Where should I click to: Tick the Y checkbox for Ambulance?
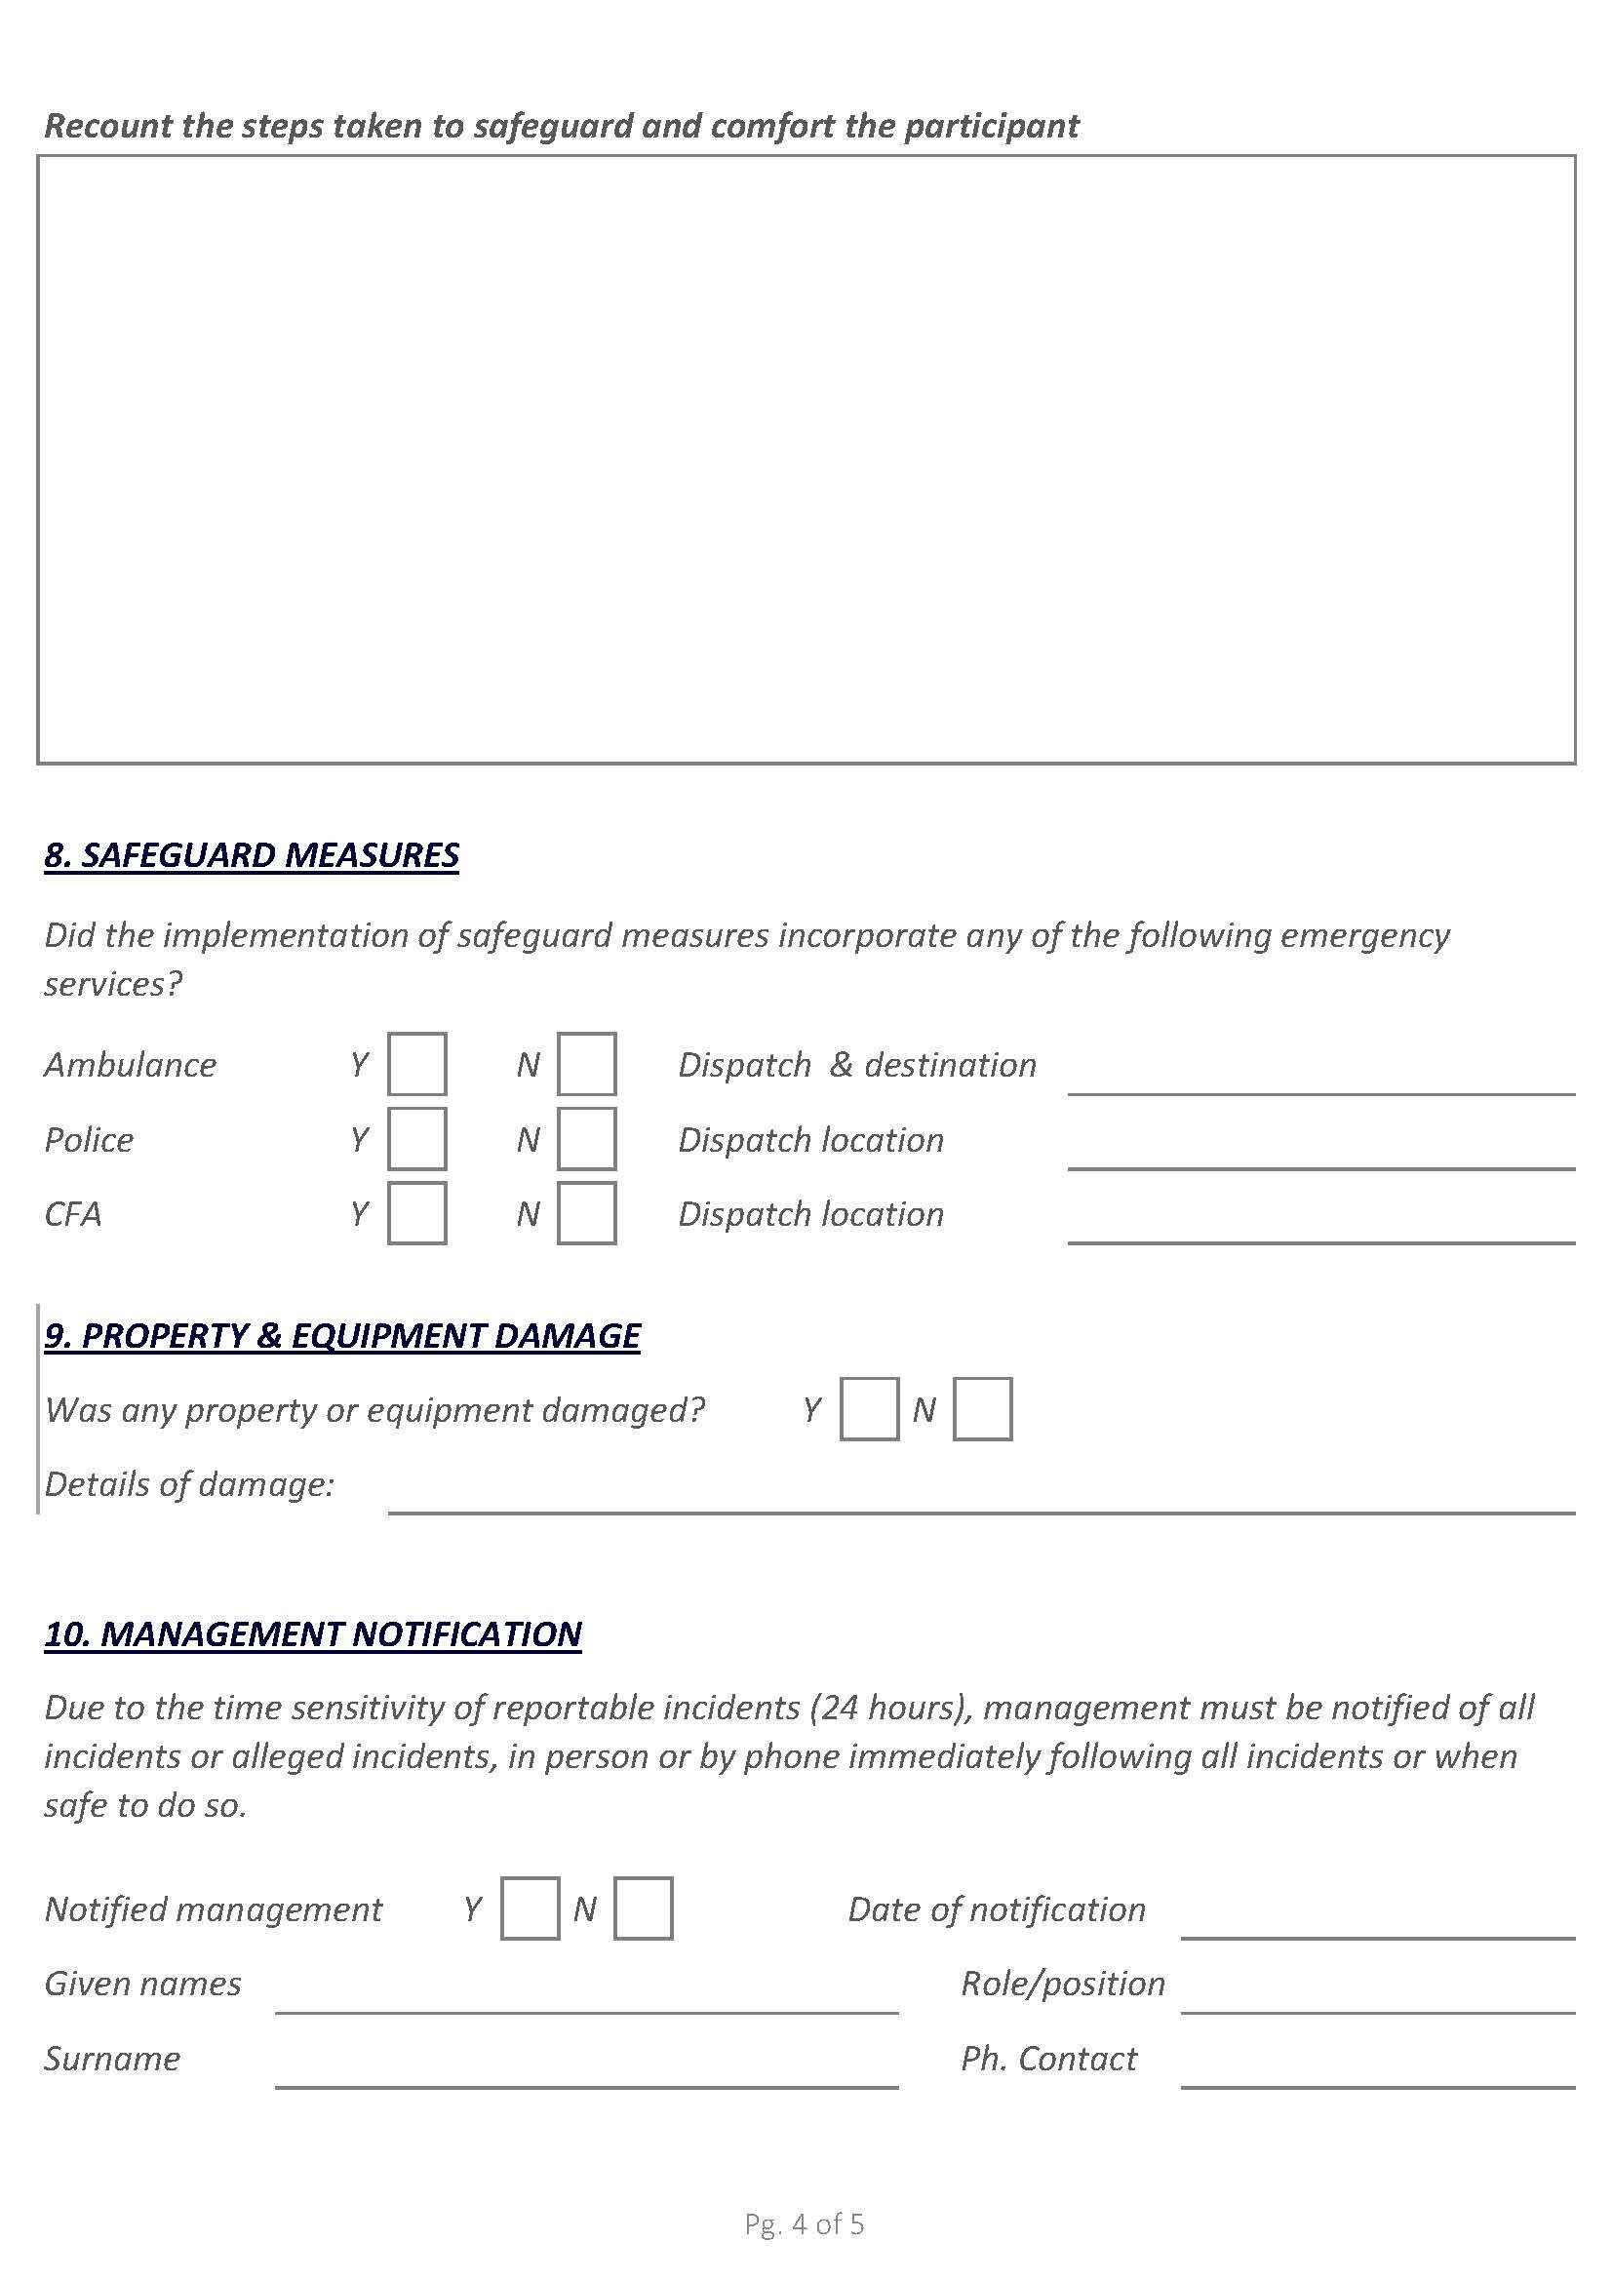pyautogui.click(x=416, y=1064)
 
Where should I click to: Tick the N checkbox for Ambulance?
pyautogui.click(x=586, y=1064)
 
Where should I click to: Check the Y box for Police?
pyautogui.click(x=416, y=1138)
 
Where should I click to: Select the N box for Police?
pyautogui.click(x=586, y=1138)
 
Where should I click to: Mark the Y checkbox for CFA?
pyautogui.click(x=416, y=1213)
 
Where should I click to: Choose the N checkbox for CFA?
pyautogui.click(x=586, y=1213)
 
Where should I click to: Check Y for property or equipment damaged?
pyautogui.click(x=869, y=1409)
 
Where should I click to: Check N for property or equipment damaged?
pyautogui.click(x=982, y=1409)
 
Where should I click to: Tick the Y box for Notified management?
pyautogui.click(x=530, y=1908)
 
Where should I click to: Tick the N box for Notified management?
pyautogui.click(x=643, y=1908)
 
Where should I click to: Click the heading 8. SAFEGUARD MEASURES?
pyautogui.click(x=252, y=855)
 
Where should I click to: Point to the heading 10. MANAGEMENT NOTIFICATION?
pyautogui.click(x=313, y=1634)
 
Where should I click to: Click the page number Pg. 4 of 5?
pyautogui.click(x=805, y=2225)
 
